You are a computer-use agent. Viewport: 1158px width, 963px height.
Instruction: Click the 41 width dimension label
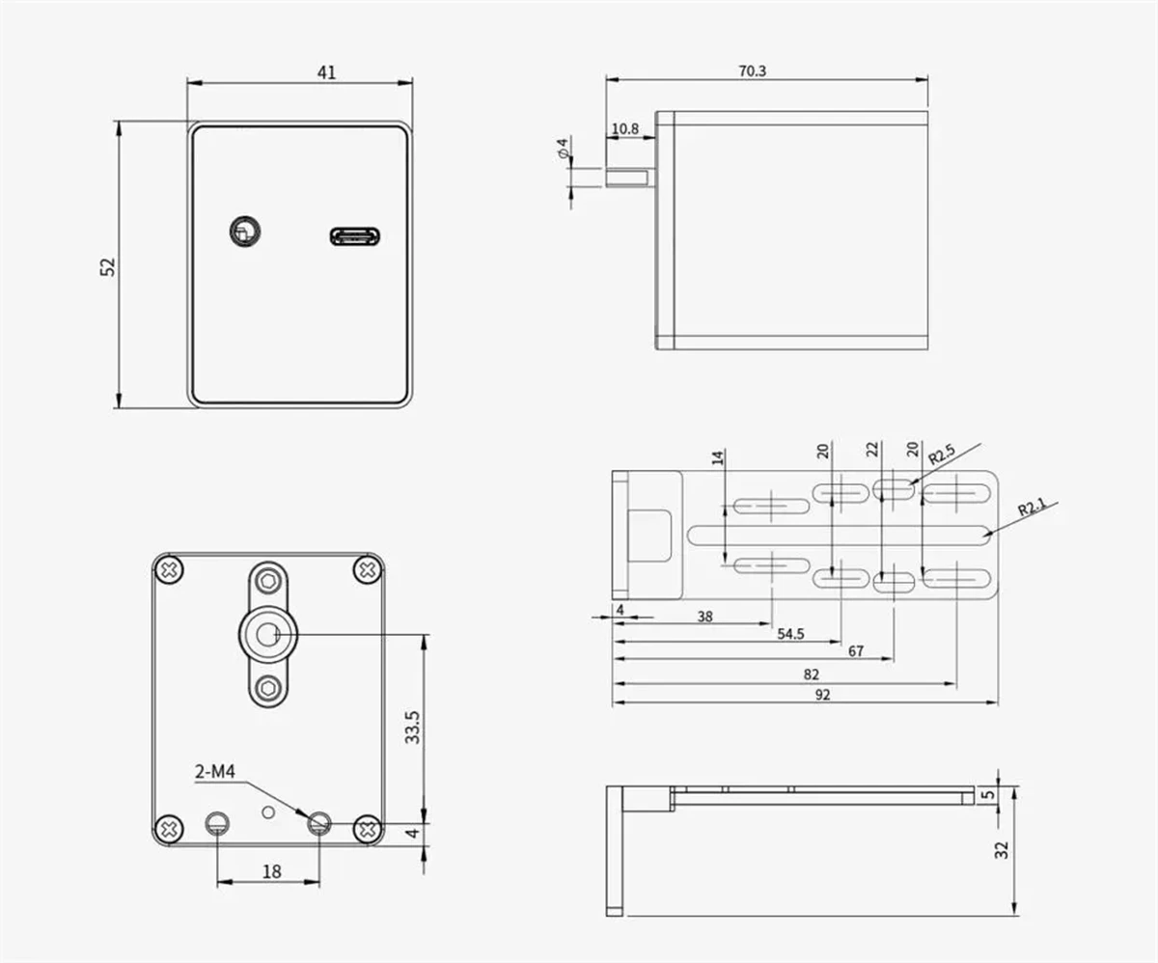[x=326, y=72]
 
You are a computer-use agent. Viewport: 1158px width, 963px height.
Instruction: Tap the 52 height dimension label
[x=107, y=267]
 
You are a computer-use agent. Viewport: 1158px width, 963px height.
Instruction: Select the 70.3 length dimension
[x=752, y=71]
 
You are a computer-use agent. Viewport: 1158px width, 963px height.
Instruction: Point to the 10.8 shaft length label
[x=625, y=128]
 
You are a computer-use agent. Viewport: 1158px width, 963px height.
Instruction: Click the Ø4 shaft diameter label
[x=563, y=148]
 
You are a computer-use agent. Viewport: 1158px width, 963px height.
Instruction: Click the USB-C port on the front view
[x=355, y=236]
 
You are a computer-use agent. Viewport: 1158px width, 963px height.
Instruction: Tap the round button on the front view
[x=245, y=232]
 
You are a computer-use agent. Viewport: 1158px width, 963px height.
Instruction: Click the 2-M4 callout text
[x=214, y=771]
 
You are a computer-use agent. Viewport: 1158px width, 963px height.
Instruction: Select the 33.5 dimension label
[x=412, y=728]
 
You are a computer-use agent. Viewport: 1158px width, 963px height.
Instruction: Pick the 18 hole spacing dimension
[x=272, y=871]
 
